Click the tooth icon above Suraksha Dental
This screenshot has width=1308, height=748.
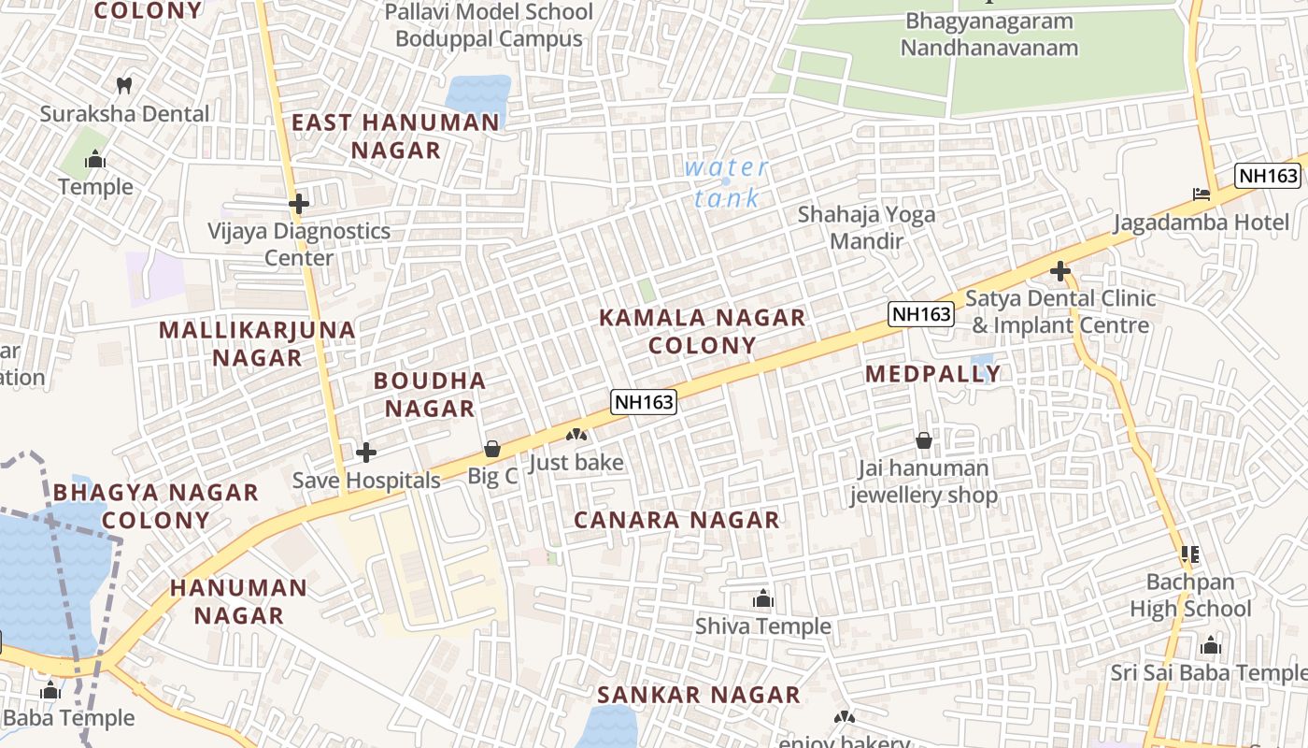coord(123,86)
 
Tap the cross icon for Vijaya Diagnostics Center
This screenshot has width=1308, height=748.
coord(299,203)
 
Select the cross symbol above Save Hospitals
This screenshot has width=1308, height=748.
coord(366,453)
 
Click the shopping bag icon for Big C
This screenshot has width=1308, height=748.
coord(492,450)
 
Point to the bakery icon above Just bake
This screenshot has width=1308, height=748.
coord(576,435)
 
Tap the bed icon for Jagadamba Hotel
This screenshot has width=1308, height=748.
coord(1201,194)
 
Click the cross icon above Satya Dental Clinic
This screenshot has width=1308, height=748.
coord(1059,271)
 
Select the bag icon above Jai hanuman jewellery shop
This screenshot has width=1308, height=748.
coord(924,440)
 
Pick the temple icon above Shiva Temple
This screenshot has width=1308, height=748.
coord(763,598)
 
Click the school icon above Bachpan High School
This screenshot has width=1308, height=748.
coord(1189,554)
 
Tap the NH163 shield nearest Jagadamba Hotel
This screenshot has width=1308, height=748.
coord(1267,176)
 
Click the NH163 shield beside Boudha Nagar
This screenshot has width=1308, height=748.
coord(644,402)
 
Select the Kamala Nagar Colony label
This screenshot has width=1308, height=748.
coord(702,331)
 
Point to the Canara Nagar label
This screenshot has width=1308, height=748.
coord(676,520)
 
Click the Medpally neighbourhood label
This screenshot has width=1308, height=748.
coord(932,374)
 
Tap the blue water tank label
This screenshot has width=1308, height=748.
coord(727,183)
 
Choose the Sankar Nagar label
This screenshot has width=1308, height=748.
coord(699,695)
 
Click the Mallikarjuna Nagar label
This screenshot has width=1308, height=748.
coord(257,343)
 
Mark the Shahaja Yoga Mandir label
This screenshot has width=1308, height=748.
coord(866,227)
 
